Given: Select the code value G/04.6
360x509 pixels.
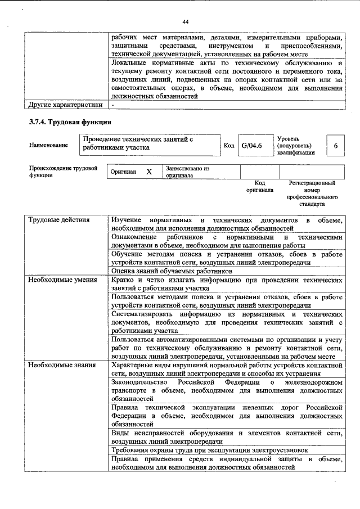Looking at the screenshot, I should coord(252,146).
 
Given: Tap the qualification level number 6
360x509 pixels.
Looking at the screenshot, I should coord(336,146).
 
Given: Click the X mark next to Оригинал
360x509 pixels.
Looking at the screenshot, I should coord(148,172).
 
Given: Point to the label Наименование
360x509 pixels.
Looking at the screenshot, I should coord(48,145).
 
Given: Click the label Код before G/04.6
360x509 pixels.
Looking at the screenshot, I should coord(229,146).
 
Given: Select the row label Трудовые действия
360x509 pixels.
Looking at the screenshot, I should coord(59,220).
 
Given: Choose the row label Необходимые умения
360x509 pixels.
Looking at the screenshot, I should coord(62,280).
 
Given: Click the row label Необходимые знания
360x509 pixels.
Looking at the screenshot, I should coord(62,366).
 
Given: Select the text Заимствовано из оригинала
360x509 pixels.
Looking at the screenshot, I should coord(187,172).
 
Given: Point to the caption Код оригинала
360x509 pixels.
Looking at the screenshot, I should coord(259,187).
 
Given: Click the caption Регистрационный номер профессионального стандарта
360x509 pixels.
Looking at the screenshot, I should coord(312,193).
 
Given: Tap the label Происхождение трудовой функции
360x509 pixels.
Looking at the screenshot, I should coord(64,172).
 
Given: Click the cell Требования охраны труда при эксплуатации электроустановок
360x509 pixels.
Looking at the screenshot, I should coord(209,451).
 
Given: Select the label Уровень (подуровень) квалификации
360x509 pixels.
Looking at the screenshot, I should coord(296,145).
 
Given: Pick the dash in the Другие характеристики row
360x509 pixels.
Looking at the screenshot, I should coord(113,105).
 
